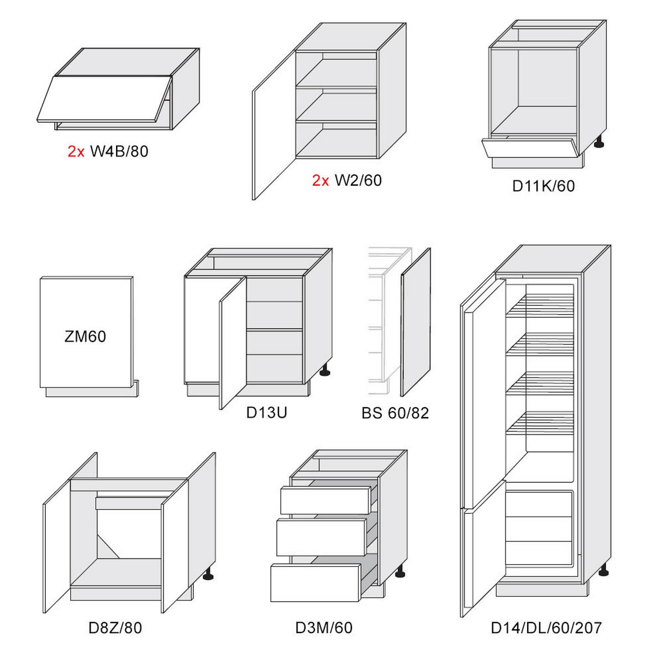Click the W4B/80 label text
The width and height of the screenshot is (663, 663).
pyautogui.click(x=119, y=151)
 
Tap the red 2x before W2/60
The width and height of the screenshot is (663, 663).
pyautogui.click(x=320, y=181)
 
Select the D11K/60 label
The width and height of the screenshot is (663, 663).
pyautogui.click(x=543, y=186)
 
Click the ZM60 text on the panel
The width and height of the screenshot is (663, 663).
pyautogui.click(x=85, y=336)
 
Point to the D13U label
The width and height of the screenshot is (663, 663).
pyautogui.click(x=267, y=413)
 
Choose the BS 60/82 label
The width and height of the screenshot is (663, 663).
pyautogui.click(x=395, y=413)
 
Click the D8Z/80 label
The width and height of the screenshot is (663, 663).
pyautogui.click(x=115, y=628)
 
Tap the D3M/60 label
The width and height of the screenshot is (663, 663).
pyautogui.click(x=324, y=628)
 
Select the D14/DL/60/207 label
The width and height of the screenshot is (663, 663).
pyautogui.click(x=546, y=628)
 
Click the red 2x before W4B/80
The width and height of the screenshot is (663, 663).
pyautogui.click(x=76, y=151)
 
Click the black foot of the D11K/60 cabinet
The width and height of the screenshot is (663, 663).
pyautogui.click(x=599, y=142)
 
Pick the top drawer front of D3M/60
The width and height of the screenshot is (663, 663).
pyautogui.click(x=325, y=500)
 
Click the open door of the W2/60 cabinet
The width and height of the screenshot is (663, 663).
pyautogui.click(x=274, y=125)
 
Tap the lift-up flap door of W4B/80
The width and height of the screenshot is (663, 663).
pyautogui.click(x=104, y=99)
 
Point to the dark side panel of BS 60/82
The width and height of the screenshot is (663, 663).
pyautogui.click(x=415, y=322)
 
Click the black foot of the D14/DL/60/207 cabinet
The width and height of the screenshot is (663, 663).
pyautogui.click(x=603, y=571)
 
